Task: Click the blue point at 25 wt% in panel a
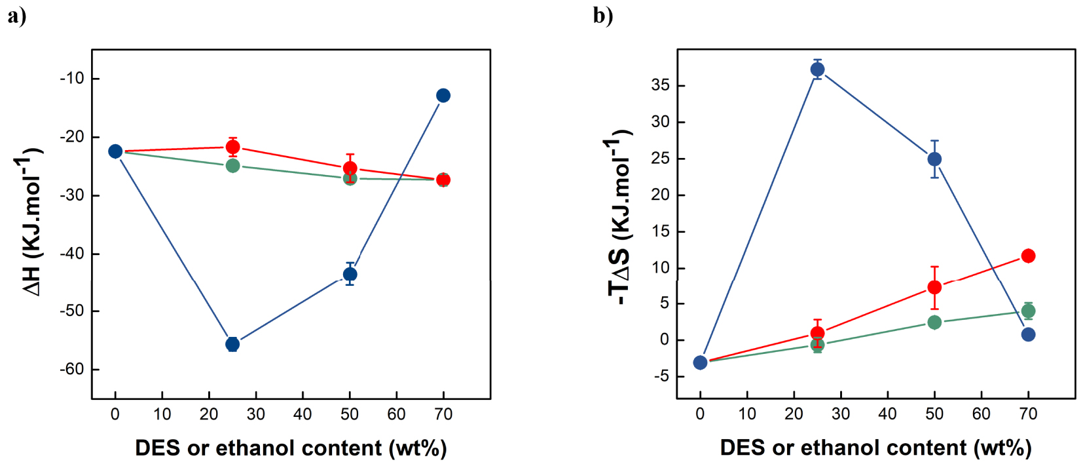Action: pos(232,344)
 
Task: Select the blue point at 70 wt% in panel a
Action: pos(443,96)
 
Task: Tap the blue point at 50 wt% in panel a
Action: pos(350,274)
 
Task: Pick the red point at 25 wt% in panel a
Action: pos(232,147)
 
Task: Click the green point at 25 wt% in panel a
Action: pos(232,166)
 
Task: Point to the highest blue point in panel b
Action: pos(817,69)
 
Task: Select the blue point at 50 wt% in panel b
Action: pos(934,159)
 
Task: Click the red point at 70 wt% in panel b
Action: pos(1028,256)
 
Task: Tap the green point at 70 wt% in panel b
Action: pos(1028,311)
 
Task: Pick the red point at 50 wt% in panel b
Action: pos(934,287)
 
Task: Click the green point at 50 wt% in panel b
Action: pos(934,322)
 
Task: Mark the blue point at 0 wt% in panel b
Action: pos(700,362)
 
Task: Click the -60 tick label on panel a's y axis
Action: pos(72,369)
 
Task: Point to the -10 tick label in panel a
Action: pos(72,78)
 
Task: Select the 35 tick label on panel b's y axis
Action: pos(660,85)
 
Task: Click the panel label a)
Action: pos(17,16)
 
